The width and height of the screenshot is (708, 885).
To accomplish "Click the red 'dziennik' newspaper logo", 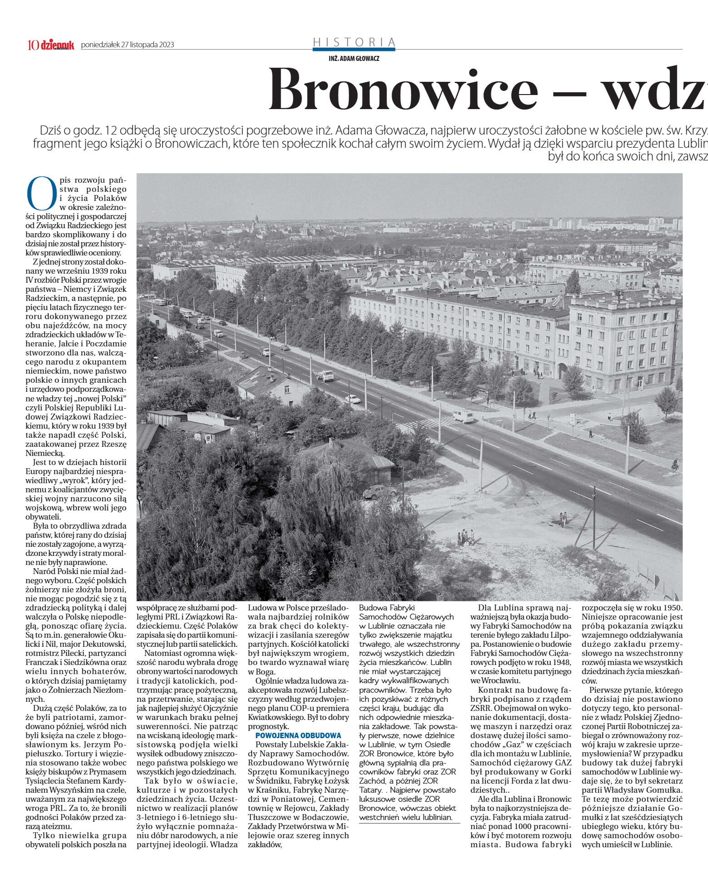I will coord(57,45).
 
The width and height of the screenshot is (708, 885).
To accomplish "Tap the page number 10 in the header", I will coord(33,45).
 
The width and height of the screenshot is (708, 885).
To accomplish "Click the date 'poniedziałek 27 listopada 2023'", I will coord(127,45).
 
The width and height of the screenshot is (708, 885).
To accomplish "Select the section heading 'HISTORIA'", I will coord(354,42).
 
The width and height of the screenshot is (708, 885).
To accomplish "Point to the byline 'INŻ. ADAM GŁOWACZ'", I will coord(354,59).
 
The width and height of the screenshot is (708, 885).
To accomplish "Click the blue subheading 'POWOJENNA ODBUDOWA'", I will coord(298,735).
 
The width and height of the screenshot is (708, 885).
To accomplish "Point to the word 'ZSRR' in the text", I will coord(481,708).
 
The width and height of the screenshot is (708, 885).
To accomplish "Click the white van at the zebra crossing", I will coord(463,415).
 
